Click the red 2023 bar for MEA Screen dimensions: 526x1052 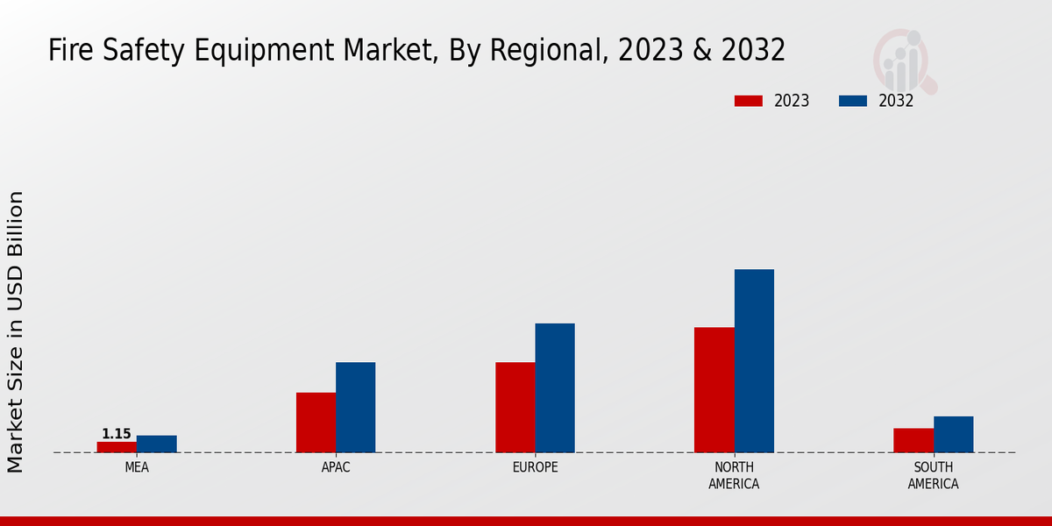pyautogui.click(x=117, y=447)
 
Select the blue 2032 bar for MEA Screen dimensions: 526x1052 pyautogui.click(x=156, y=444)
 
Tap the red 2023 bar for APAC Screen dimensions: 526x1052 pyautogui.click(x=316, y=423)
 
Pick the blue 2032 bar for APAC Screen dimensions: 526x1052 pyautogui.click(x=355, y=408)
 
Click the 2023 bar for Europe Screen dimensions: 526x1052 pyautogui.click(x=515, y=408)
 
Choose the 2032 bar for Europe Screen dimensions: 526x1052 pyautogui.click(x=555, y=387)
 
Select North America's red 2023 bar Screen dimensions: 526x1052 pyautogui.click(x=714, y=390)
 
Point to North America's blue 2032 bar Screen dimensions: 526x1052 pyautogui.click(x=754, y=360)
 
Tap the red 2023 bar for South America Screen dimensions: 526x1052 pyautogui.click(x=913, y=440)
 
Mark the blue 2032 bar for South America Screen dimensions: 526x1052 pyautogui.click(x=953, y=434)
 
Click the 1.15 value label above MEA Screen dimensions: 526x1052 pyautogui.click(x=117, y=434)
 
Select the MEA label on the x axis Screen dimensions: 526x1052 pyautogui.click(x=137, y=467)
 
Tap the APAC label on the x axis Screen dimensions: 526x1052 pyautogui.click(x=336, y=467)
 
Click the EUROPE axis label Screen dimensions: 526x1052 pyautogui.click(x=535, y=467)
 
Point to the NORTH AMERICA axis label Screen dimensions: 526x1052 pyautogui.click(x=735, y=475)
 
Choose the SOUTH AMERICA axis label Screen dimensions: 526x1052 pyautogui.click(x=933, y=475)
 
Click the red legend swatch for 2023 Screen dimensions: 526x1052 pyautogui.click(x=748, y=101)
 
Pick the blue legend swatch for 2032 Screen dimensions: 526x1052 pyautogui.click(x=853, y=101)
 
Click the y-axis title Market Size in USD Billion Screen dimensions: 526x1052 pyautogui.click(x=16, y=331)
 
